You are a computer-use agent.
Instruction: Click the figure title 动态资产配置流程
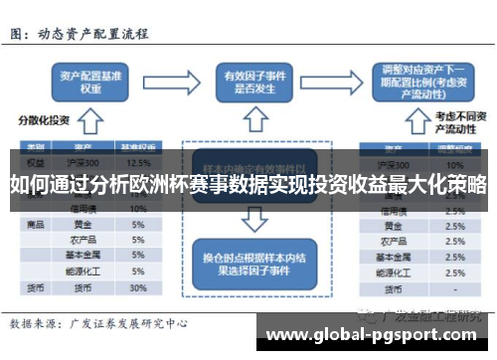pos(93,33)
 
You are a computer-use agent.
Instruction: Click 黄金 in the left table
pos(83,225)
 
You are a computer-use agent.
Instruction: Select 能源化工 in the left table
pos(83,270)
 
